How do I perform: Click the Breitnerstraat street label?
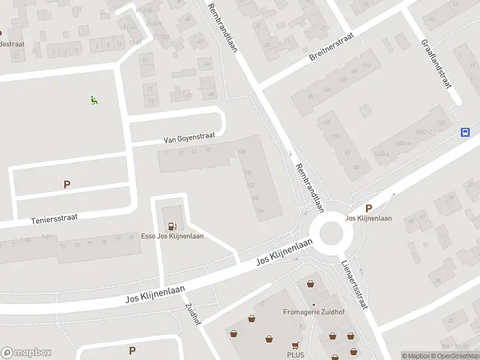(332, 47)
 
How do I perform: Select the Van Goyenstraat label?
(189, 139)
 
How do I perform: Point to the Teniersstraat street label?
(55, 220)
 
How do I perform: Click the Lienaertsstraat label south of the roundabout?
(354, 285)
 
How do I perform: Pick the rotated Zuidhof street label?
(193, 314)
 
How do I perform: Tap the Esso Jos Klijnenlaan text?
(172, 236)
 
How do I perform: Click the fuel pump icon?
(173, 226)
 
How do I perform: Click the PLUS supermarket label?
(295, 355)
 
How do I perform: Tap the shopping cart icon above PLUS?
(295, 346)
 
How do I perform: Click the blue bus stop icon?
(465, 132)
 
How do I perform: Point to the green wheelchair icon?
(94, 100)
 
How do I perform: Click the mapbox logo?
(26, 353)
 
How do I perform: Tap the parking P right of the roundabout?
(368, 208)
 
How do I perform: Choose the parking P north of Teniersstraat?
(67, 185)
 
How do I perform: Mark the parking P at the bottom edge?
(132, 350)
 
